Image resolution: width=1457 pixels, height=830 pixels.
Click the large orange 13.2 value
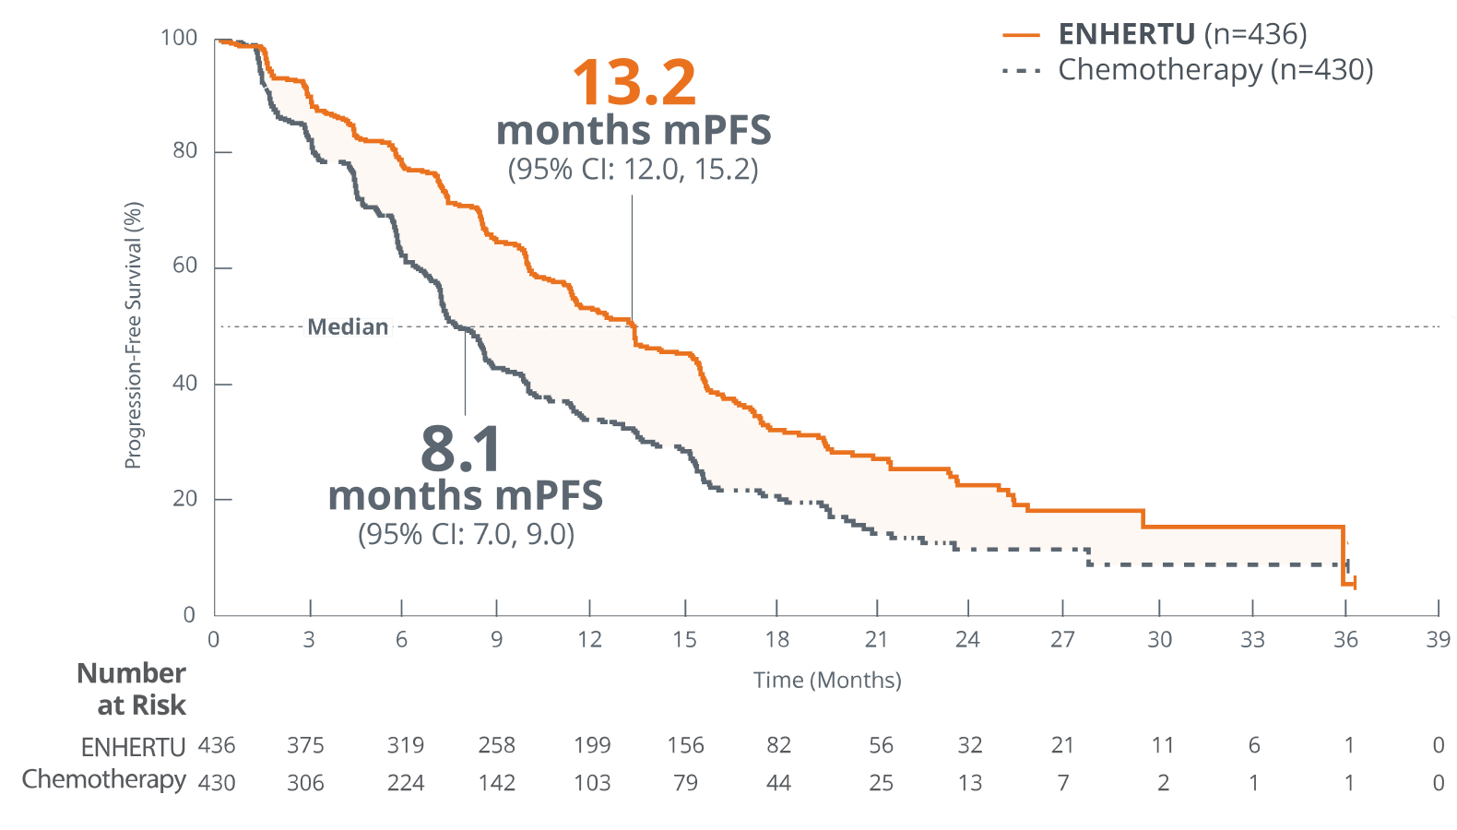(634, 83)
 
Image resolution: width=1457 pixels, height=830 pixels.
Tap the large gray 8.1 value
(461, 449)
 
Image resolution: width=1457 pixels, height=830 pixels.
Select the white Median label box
(348, 327)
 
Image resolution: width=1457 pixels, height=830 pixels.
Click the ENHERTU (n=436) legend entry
(1181, 34)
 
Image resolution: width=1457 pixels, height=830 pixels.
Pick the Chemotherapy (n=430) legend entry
(1214, 70)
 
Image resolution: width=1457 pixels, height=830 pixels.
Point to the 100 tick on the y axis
(180, 38)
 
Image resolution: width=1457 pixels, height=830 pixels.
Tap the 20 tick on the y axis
(185, 499)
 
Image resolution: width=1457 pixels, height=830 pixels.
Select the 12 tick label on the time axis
(590, 639)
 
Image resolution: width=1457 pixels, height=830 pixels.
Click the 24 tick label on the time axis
(967, 639)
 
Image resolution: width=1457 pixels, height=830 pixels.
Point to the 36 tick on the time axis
(1345, 639)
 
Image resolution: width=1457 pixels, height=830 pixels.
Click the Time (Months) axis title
(827, 681)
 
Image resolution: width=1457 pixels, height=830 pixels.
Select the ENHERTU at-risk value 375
(307, 745)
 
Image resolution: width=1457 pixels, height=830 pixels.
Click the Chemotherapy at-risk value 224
(405, 783)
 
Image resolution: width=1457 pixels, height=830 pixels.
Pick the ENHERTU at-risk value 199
(592, 745)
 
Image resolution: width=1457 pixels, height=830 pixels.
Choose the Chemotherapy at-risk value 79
(685, 783)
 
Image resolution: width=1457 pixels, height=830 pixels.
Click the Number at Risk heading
(132, 689)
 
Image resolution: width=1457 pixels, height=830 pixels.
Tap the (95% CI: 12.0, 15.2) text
(634, 170)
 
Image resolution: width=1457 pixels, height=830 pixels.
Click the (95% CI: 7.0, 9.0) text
(466, 535)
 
